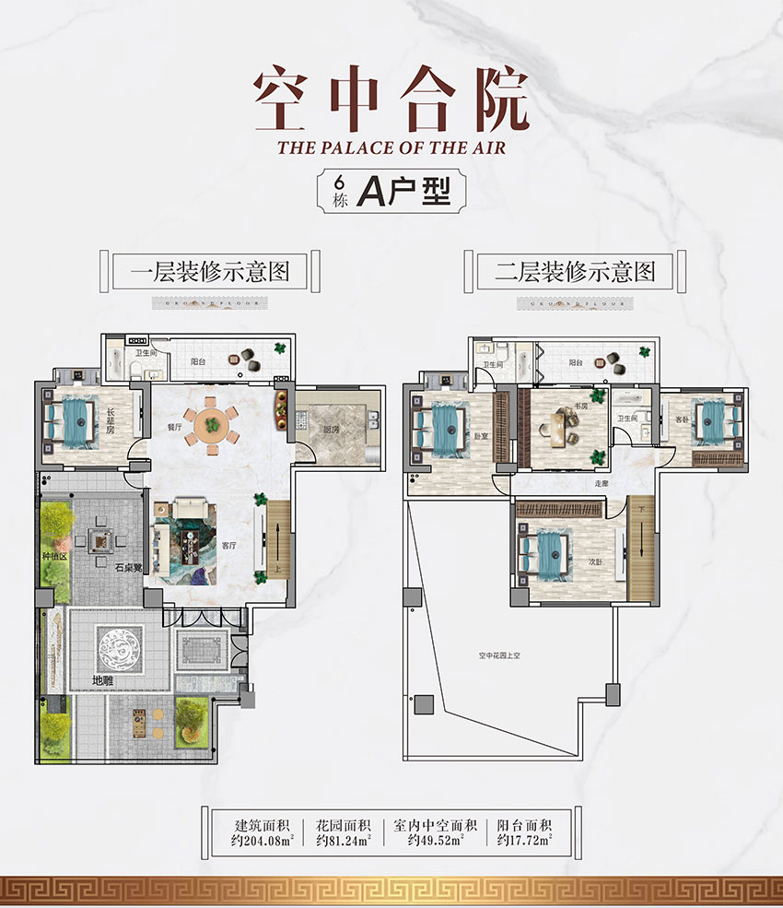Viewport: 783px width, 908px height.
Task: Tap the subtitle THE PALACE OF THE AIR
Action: click(391, 147)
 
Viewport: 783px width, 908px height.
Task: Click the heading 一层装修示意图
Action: click(210, 271)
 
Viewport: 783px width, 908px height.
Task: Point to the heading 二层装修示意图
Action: click(575, 271)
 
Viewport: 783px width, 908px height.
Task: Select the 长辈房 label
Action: click(112, 419)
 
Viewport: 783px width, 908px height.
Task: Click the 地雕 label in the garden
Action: click(104, 682)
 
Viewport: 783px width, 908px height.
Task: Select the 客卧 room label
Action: click(682, 419)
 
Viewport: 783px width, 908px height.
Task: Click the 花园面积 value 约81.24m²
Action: click(344, 840)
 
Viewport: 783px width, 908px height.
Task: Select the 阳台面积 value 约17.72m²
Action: click(525, 840)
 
